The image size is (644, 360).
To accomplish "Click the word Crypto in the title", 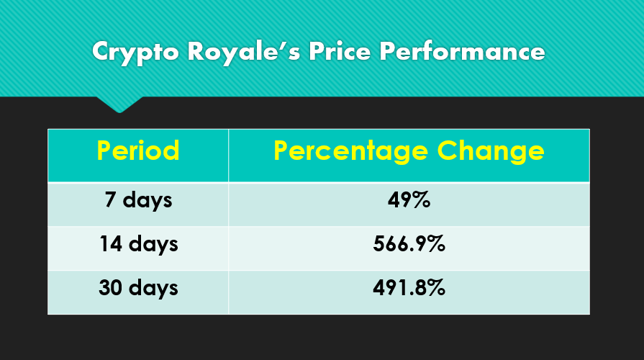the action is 135,53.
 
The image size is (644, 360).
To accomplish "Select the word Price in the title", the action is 340,51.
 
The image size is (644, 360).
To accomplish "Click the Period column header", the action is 138,150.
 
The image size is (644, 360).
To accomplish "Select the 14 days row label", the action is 138,245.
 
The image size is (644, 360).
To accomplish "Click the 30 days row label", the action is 138,289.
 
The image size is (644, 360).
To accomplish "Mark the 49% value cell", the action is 409,201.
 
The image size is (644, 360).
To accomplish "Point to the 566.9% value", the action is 409,244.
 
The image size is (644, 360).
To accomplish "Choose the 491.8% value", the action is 409,288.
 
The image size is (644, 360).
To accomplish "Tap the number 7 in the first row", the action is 110,199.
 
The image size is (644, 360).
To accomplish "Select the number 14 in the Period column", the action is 111,243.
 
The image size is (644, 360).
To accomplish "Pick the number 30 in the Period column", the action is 111,287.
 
